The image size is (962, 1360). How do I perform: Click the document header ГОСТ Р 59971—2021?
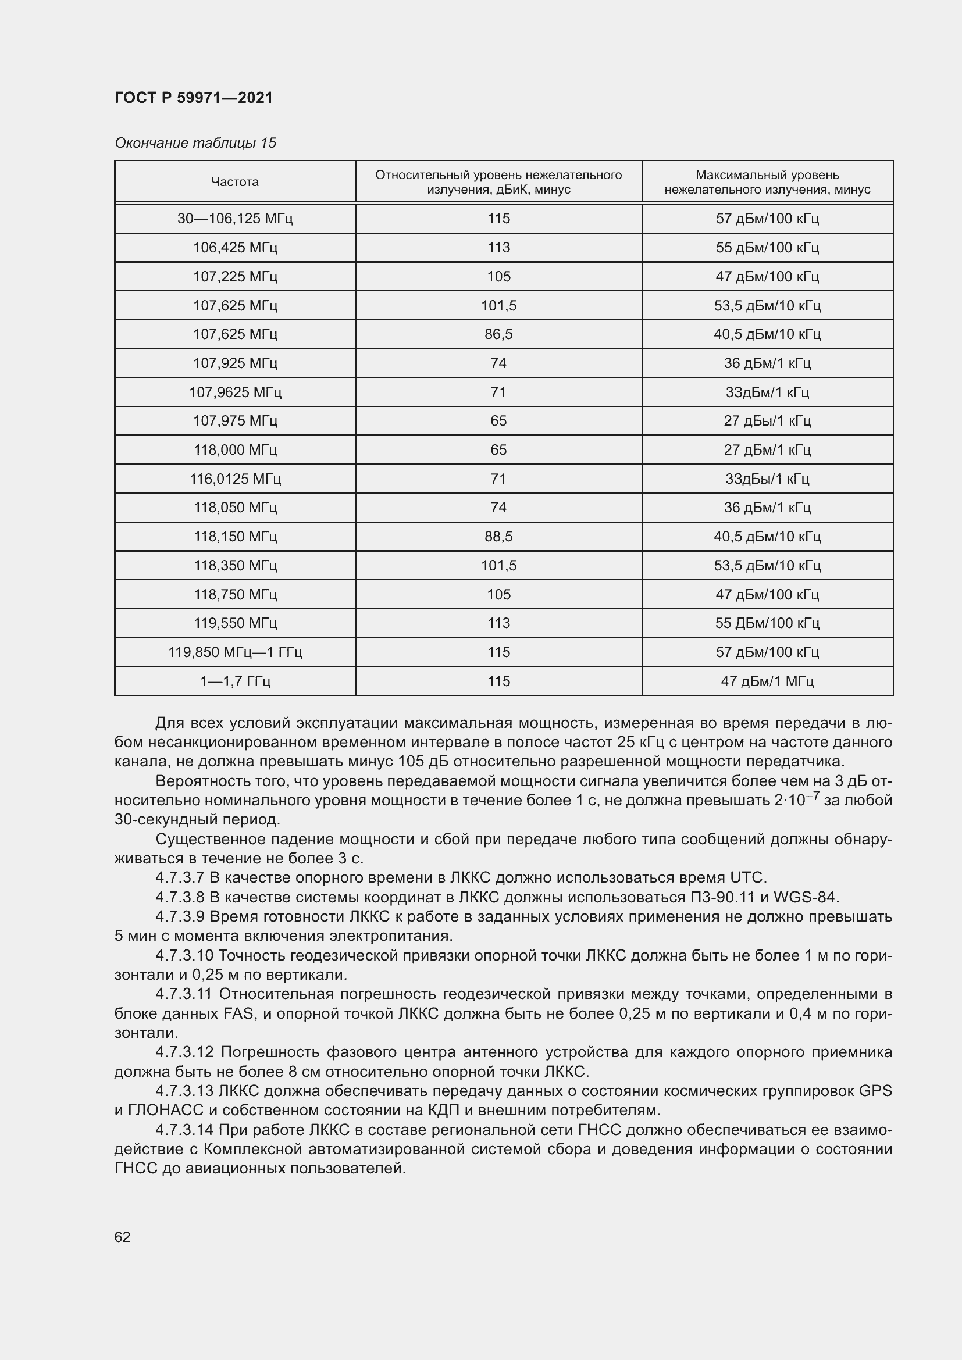(194, 98)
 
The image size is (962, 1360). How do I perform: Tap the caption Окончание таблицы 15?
(195, 143)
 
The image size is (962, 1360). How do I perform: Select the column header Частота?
(234, 182)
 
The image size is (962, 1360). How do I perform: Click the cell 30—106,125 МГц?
(234, 219)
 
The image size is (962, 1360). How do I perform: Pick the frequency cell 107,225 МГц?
(234, 277)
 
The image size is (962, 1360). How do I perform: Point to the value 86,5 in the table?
(498, 334)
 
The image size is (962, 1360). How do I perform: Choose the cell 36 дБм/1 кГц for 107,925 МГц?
(767, 363)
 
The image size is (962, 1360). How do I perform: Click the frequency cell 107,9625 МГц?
(234, 392)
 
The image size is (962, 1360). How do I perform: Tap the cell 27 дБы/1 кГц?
(767, 421)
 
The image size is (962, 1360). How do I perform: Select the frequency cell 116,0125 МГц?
(234, 479)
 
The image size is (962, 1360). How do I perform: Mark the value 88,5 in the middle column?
(498, 537)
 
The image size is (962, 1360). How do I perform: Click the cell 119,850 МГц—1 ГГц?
(234, 652)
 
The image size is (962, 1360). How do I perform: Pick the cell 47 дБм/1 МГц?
(767, 681)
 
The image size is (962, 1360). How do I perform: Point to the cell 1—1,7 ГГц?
(234, 681)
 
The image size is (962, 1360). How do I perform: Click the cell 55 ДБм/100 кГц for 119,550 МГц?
(767, 623)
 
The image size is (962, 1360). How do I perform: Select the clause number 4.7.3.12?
(184, 1052)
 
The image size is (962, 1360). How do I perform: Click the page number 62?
(123, 1237)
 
